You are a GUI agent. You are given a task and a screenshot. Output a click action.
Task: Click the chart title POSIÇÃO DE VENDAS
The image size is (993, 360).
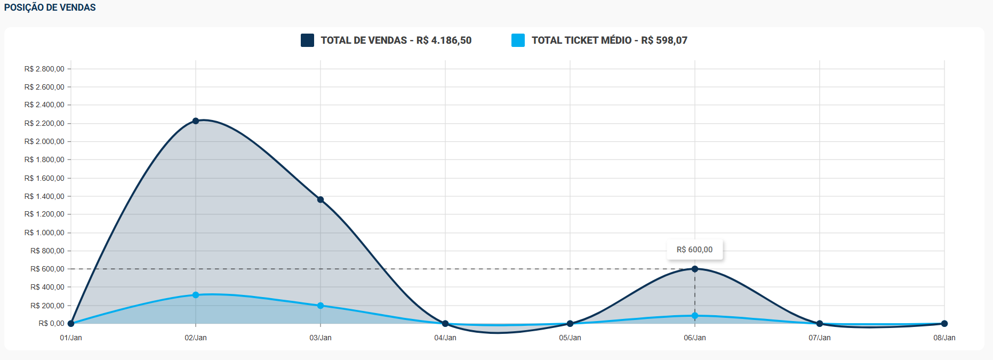click(x=50, y=7)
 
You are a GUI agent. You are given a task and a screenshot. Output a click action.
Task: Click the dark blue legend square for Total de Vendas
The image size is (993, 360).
click(x=307, y=40)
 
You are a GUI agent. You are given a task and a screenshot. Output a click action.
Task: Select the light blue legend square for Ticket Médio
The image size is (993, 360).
click(x=518, y=40)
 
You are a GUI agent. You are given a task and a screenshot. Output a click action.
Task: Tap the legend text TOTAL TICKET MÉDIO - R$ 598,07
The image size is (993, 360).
click(x=609, y=40)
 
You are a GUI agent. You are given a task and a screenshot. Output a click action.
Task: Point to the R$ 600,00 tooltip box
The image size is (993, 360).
click(x=694, y=250)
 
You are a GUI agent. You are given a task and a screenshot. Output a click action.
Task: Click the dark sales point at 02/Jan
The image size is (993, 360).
click(x=196, y=121)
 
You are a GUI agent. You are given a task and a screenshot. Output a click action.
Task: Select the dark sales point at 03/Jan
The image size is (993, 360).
click(x=321, y=199)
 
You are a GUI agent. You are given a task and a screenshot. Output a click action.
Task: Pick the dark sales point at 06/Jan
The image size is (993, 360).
click(x=695, y=269)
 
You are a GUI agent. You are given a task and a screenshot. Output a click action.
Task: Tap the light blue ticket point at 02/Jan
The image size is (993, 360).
click(x=196, y=295)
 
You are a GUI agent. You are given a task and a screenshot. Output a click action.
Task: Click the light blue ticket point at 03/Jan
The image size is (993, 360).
click(x=321, y=306)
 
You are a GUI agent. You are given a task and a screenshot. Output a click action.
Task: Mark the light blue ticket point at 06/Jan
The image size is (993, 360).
click(x=695, y=316)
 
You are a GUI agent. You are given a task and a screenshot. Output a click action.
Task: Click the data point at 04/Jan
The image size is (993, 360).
click(x=445, y=324)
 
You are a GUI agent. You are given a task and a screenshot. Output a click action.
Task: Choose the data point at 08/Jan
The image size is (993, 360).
click(x=944, y=324)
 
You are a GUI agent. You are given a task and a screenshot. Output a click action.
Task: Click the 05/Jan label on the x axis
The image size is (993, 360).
click(x=570, y=338)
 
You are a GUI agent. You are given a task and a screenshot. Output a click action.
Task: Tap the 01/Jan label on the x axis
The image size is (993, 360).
click(x=71, y=338)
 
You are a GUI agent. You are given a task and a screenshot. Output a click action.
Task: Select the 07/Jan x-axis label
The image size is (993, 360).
click(x=820, y=338)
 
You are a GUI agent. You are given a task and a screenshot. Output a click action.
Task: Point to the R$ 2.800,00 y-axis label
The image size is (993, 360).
click(x=44, y=69)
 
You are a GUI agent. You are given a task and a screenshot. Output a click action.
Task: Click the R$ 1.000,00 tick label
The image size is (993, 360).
click(x=44, y=233)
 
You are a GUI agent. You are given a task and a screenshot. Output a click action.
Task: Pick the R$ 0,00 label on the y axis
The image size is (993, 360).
click(x=51, y=323)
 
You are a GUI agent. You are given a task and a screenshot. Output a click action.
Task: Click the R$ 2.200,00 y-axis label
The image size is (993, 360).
click(x=44, y=123)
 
